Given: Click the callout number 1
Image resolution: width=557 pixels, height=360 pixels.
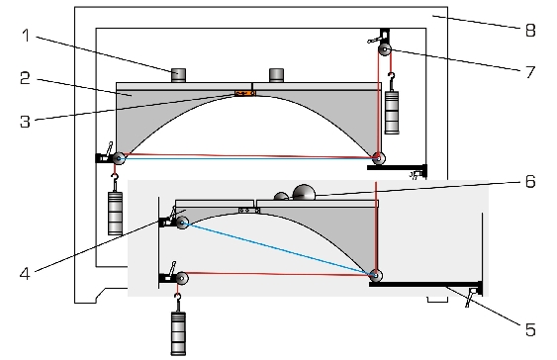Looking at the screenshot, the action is click(x=26, y=36).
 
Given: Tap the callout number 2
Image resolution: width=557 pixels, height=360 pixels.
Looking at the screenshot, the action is click(x=25, y=78).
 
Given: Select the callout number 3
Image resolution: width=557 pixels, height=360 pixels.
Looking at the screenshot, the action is click(x=25, y=121).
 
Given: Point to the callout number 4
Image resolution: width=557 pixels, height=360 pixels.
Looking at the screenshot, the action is click(x=25, y=274).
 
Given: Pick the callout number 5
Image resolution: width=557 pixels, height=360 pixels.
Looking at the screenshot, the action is click(x=530, y=329).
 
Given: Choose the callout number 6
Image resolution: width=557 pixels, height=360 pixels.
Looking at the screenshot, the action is click(x=530, y=181).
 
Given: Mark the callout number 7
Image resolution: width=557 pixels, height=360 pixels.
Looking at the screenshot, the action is click(x=530, y=72).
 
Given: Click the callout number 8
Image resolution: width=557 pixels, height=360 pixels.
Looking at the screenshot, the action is click(x=530, y=30).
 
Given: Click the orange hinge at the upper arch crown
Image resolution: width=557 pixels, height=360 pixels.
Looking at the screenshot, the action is click(x=244, y=93).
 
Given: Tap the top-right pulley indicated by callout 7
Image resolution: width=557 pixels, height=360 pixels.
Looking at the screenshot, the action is click(x=384, y=49).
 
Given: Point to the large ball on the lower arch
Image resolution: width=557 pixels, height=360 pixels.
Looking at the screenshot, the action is click(x=304, y=193).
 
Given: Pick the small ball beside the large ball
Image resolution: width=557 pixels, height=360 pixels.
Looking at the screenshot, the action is click(x=281, y=197).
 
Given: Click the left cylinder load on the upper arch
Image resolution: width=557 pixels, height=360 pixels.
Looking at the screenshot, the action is click(x=178, y=75).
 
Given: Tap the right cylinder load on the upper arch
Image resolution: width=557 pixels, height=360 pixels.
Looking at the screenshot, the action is click(x=276, y=75).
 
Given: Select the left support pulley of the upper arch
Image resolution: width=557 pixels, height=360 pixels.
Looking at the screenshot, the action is click(x=119, y=158).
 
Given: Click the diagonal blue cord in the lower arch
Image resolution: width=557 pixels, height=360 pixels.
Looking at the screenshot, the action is click(x=279, y=248).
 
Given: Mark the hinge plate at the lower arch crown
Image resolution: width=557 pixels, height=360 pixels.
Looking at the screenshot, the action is click(x=249, y=211).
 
